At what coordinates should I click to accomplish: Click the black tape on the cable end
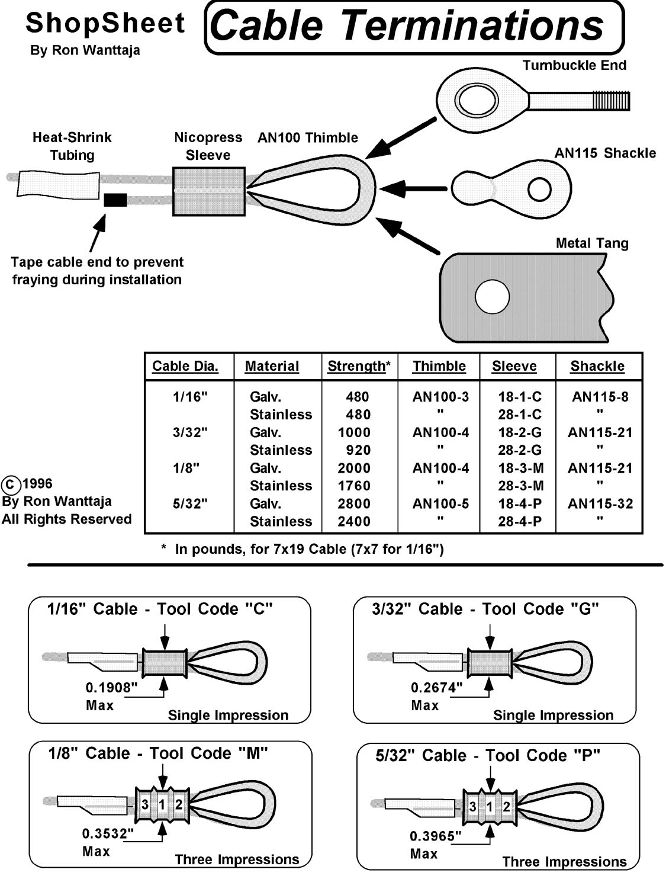(x=115, y=200)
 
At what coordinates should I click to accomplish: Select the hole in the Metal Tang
(x=492, y=297)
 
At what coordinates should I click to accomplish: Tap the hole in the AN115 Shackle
(x=539, y=189)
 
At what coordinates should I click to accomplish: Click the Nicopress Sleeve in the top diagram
(x=208, y=191)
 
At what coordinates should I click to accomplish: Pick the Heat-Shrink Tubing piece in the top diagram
(x=59, y=184)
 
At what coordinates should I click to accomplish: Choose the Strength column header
(x=359, y=366)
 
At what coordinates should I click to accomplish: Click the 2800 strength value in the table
(x=354, y=503)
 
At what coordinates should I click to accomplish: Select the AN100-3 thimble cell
(x=440, y=396)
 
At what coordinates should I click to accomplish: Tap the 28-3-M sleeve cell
(x=521, y=486)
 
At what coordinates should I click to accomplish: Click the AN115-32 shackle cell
(x=600, y=503)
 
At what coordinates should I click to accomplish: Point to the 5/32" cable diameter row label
(x=190, y=503)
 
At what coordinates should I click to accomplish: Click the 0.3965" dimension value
(x=436, y=836)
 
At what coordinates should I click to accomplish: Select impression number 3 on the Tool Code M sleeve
(x=145, y=804)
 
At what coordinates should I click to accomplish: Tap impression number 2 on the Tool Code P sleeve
(x=506, y=807)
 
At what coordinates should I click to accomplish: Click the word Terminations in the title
(x=472, y=25)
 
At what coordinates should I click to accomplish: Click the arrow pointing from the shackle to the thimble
(x=413, y=188)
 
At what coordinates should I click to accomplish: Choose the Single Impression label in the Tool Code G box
(x=553, y=715)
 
